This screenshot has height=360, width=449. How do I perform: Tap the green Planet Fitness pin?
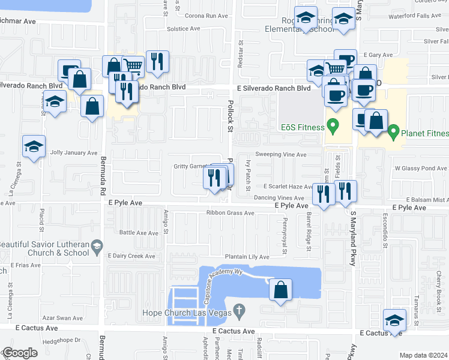click(394, 130)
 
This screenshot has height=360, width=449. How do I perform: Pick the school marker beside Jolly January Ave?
click(34, 146)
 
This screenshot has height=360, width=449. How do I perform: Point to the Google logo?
click(19, 353)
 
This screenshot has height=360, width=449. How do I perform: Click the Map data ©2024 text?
click(423, 355)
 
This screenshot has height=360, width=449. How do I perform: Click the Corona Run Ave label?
click(208, 16)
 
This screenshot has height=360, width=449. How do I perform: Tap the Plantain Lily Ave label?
click(247, 257)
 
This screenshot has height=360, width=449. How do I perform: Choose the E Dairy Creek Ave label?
click(131, 256)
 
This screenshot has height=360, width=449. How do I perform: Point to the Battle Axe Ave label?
click(139, 232)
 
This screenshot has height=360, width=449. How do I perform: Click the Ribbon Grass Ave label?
click(231, 212)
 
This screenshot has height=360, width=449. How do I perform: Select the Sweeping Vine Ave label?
click(281, 154)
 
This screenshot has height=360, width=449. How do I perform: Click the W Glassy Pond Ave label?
click(420, 169)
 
